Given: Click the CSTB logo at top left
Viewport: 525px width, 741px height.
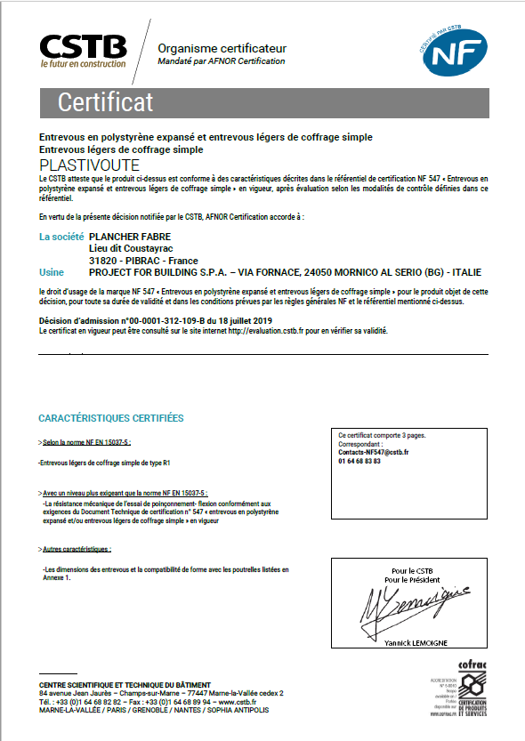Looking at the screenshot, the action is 82,51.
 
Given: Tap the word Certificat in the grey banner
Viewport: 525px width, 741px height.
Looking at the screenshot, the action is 106,102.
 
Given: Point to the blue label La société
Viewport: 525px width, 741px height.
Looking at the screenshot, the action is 61,237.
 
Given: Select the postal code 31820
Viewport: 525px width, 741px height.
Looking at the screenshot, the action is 104,260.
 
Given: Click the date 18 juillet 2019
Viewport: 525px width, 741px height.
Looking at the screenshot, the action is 243,320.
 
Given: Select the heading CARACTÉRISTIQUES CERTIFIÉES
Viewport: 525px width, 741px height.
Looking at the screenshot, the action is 111,417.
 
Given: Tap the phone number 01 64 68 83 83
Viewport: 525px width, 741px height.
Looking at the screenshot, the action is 359,462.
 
